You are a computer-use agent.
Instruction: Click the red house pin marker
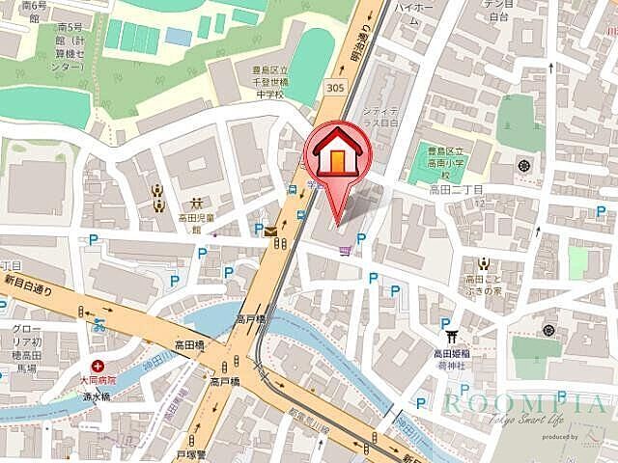337,158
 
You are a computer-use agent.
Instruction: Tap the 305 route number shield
334,87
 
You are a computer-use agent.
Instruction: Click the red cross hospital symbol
98,367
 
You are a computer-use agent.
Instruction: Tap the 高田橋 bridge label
188,344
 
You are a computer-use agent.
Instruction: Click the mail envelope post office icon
270,231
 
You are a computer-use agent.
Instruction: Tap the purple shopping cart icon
345,251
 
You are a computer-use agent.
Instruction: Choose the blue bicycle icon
98,325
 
